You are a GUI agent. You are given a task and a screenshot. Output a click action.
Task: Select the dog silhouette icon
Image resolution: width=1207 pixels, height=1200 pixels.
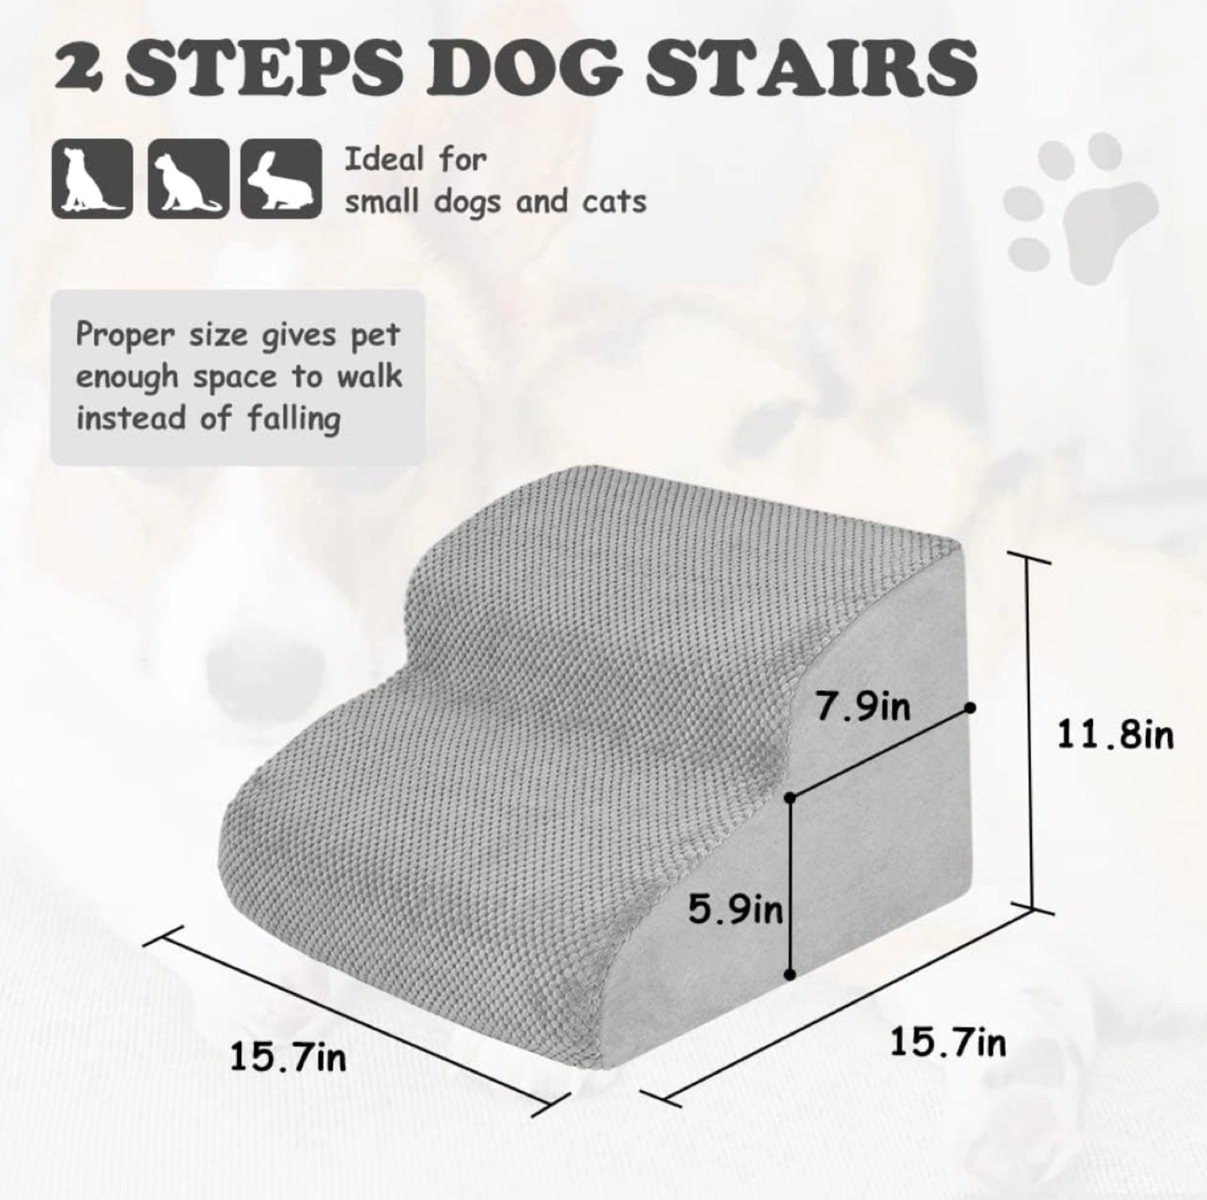click(92, 179)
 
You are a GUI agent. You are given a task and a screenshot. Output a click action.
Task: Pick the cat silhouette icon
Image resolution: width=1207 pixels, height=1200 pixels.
click(188, 179)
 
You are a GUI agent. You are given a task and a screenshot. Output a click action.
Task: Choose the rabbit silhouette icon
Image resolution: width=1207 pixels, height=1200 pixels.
click(282, 179)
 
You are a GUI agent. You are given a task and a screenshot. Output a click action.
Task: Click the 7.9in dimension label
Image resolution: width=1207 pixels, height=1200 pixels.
click(863, 707)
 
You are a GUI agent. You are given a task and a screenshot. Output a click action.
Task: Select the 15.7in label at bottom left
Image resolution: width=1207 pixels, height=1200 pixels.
click(288, 1057)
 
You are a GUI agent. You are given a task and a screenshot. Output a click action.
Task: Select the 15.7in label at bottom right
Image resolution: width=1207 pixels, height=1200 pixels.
click(948, 1042)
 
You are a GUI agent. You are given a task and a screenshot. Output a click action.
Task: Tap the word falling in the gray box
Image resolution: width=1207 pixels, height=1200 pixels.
click(293, 418)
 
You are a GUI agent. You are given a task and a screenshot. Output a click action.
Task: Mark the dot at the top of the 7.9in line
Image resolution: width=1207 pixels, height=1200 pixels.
click(971, 707)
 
